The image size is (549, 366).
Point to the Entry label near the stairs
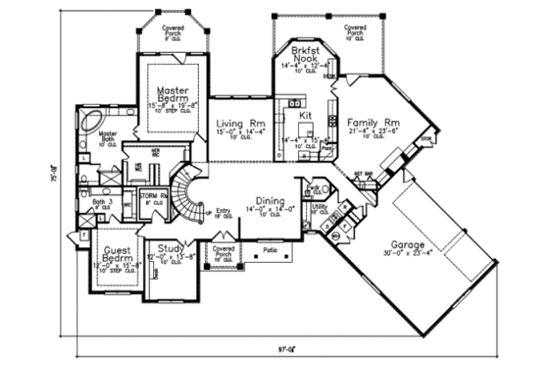223,210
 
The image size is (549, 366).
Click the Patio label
272,250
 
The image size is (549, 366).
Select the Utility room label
319,208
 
